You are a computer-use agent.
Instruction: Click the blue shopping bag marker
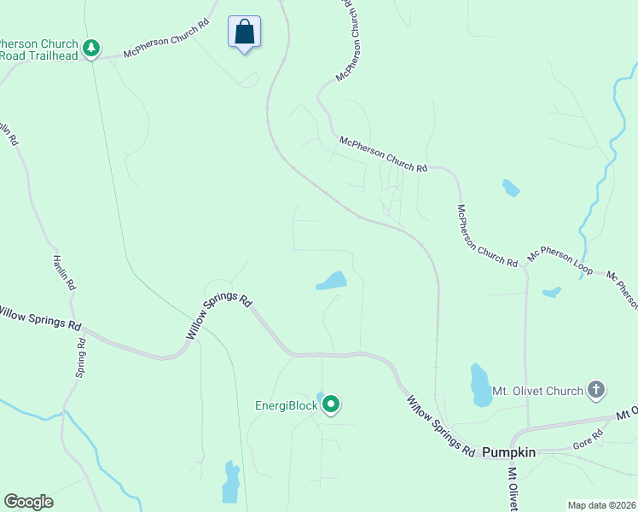point(244,32)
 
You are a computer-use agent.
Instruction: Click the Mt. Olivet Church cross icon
point(596,391)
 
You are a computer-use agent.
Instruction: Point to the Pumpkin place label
point(509,451)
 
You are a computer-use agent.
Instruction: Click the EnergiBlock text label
point(285,405)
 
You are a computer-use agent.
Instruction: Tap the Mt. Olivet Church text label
point(537,391)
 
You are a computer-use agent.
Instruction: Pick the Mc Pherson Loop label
point(560,261)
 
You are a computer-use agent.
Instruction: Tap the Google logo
point(28,502)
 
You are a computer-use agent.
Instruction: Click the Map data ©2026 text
point(600,505)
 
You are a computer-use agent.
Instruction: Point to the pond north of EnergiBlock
point(333,281)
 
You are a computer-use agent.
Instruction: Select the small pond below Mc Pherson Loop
point(552,292)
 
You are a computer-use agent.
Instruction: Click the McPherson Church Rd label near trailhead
point(166,40)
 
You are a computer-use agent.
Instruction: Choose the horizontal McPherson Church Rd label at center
point(383,154)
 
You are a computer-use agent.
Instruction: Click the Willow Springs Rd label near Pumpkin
point(440,425)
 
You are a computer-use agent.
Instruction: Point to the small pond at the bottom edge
point(230,483)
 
